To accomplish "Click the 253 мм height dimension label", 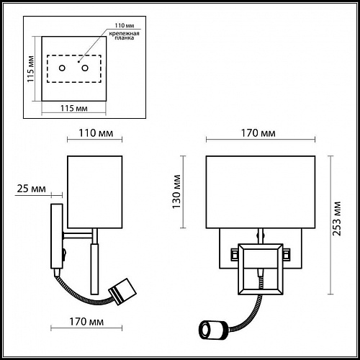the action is (x=337, y=219).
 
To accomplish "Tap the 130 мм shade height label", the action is (x=176, y=192).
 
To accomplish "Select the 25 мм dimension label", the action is (x=31, y=189).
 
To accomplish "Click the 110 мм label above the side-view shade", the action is (x=96, y=132).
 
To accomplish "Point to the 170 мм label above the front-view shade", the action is (x=258, y=132).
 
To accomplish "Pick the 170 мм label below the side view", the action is (x=86, y=322).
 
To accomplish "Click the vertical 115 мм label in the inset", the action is (x=31, y=69).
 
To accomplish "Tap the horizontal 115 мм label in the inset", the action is (x=74, y=108).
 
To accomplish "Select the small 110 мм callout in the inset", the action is (x=125, y=25).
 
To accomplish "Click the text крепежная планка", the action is (x=124, y=35).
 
